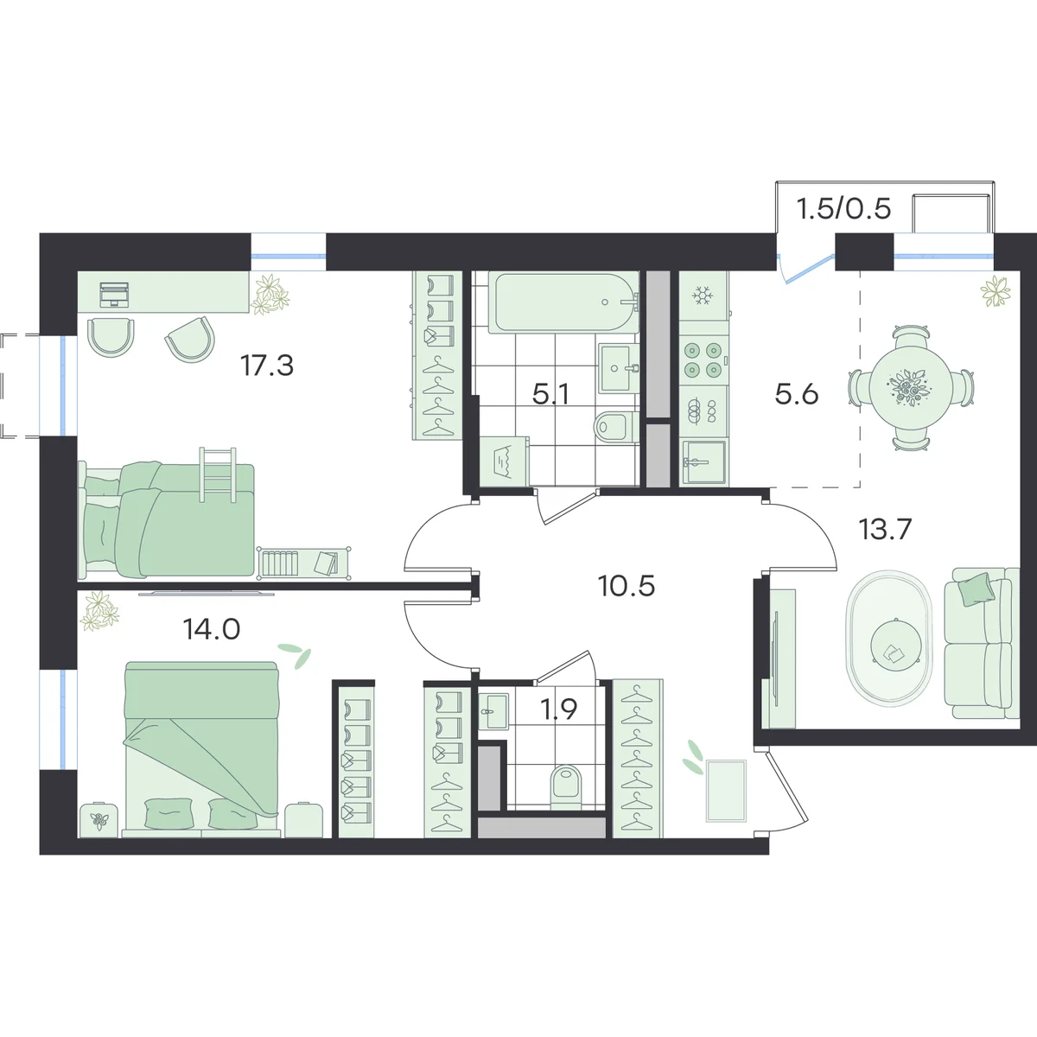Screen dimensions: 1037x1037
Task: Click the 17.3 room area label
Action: point(267,366)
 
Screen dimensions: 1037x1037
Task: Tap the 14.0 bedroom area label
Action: point(212,628)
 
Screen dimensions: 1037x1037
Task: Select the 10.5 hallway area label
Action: point(627,586)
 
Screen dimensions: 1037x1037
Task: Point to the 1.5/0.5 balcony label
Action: point(843,208)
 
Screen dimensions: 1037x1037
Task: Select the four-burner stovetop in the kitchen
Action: point(703,360)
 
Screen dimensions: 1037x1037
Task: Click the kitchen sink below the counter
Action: point(703,461)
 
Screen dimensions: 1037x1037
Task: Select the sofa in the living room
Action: point(981,642)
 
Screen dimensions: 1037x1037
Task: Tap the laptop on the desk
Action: point(114,294)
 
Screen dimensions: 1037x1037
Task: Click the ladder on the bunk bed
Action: point(218,474)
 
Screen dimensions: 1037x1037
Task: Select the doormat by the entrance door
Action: point(726,791)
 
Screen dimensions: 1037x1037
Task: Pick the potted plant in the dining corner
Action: point(996,292)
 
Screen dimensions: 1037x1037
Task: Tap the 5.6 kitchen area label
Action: point(797,394)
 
